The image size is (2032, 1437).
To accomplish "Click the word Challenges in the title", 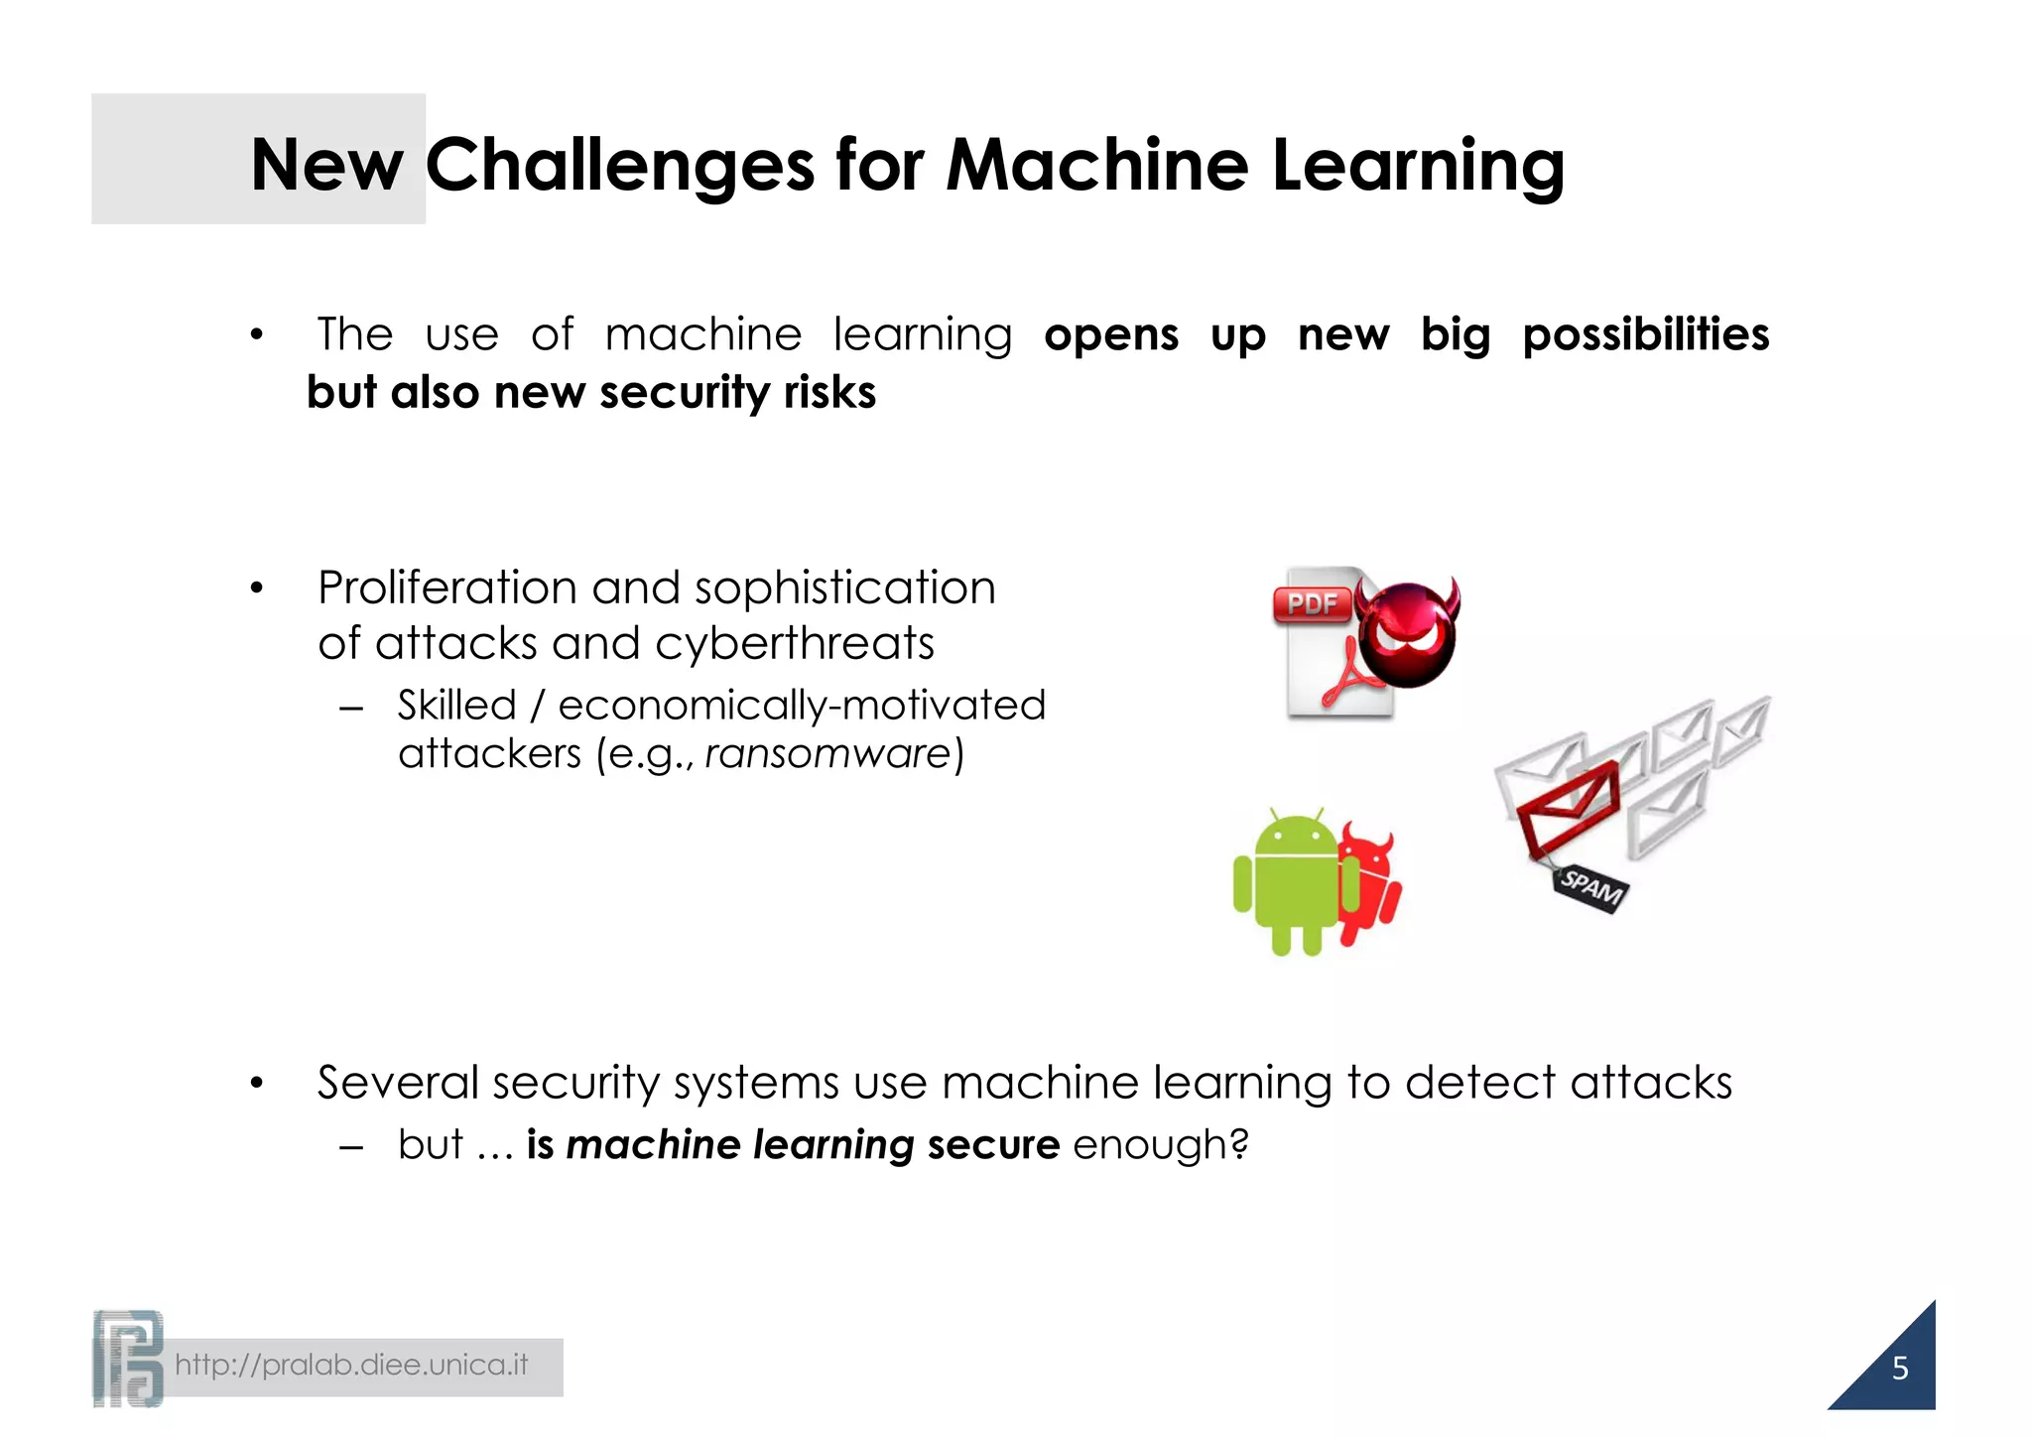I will click(x=620, y=165).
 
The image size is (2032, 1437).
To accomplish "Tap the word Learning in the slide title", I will click(x=1418, y=165).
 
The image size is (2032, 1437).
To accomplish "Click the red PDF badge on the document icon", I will click(x=1312, y=603).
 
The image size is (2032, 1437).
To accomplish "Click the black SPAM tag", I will click(x=1590, y=885).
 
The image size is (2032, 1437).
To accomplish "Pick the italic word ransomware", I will click(x=828, y=754).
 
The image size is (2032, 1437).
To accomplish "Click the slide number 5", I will click(x=1899, y=1369).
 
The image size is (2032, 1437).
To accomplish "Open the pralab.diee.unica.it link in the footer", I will click(x=351, y=1366).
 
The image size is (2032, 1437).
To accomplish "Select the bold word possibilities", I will click(x=1645, y=335).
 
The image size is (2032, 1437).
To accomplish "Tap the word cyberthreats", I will click(x=795, y=644).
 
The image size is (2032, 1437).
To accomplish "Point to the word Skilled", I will click(x=456, y=706).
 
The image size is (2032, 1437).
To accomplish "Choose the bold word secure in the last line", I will click(x=993, y=1145).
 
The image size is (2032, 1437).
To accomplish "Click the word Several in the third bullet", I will click(x=398, y=1083).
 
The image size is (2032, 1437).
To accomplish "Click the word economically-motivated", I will click(x=802, y=706).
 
